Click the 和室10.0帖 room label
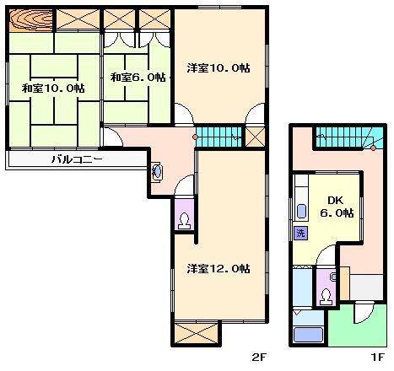coord(53,89)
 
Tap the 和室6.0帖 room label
coord(138,78)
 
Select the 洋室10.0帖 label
coord(219,68)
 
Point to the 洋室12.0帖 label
coord(219,269)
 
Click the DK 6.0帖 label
coord(337,207)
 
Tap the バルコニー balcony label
coord(77,160)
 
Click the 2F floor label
coord(259,358)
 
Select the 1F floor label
coord(377,358)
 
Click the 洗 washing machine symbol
coord(300,233)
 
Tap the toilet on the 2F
coord(185,221)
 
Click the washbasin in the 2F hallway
coord(157,171)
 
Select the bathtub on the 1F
coord(308,335)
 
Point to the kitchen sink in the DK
coord(301,211)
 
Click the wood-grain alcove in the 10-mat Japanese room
coord(31,20)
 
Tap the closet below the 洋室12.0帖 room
coord(196,333)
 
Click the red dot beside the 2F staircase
coord(195,137)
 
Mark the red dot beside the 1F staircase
coord(373,148)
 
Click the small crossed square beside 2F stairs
coord(255,137)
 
